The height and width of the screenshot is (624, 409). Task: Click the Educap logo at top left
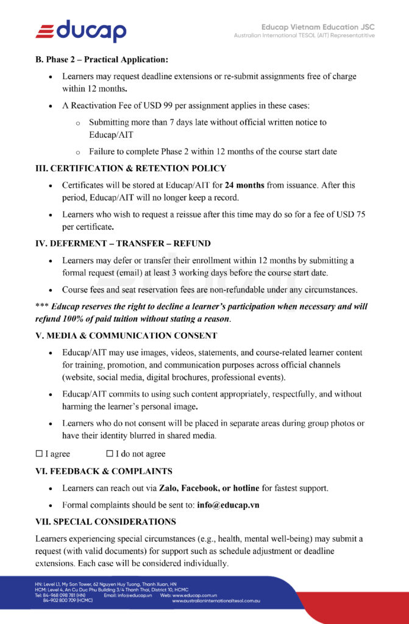point(81,30)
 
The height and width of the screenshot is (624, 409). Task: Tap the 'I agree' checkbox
point(39,454)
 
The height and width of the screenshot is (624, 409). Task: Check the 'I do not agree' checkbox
point(110,454)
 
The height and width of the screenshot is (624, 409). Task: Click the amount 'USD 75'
point(350,214)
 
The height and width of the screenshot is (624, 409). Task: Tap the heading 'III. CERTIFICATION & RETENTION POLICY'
point(130,168)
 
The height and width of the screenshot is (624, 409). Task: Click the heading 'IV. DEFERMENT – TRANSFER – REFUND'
point(123,243)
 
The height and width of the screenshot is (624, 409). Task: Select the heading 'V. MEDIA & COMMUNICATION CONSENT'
point(126,336)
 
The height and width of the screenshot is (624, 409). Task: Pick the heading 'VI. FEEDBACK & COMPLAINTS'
point(104,471)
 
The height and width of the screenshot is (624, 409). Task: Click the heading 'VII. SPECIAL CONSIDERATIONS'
point(105,522)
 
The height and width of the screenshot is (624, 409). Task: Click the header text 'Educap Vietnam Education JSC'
point(318,27)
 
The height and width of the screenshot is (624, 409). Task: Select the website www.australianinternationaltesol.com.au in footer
point(216,601)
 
